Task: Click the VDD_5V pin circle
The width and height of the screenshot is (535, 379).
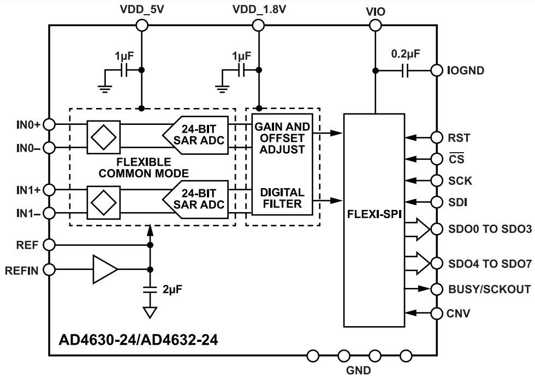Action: click(x=142, y=25)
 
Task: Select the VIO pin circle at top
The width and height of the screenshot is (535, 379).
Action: click(x=375, y=25)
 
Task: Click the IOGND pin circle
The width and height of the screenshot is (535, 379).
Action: click(x=437, y=71)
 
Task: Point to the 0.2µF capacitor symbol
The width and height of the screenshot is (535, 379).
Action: click(x=405, y=71)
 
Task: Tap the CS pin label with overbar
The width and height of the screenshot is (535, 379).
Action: click(x=455, y=159)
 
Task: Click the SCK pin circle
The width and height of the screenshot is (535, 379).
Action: click(x=437, y=181)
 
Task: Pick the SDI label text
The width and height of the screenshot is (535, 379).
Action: click(x=457, y=202)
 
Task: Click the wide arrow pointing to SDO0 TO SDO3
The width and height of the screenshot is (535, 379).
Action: click(x=418, y=229)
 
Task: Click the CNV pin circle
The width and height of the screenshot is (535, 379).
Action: click(x=437, y=314)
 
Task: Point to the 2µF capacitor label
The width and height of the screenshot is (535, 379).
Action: click(x=173, y=289)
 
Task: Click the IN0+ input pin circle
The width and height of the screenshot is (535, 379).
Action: click(x=49, y=125)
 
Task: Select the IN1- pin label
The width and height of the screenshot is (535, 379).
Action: click(x=26, y=213)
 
